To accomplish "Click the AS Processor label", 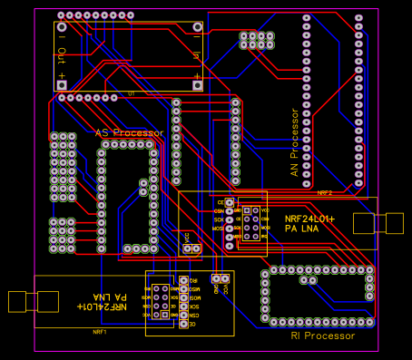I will (x=129, y=133).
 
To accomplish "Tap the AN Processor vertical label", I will (x=294, y=145).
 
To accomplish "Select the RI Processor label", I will (x=322, y=336).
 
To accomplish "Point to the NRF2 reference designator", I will (x=325, y=193).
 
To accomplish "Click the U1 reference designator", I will (x=132, y=93).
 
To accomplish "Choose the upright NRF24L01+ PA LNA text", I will (x=309, y=224).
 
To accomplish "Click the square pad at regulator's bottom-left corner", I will (x=62, y=84).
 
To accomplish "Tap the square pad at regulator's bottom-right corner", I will (x=197, y=84).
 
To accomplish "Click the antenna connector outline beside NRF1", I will (x=20, y=301).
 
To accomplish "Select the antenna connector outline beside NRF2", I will (x=391, y=223).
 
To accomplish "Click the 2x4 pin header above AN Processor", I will (x=257, y=40).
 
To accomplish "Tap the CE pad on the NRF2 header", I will (x=230, y=201).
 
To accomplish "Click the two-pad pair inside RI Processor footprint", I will (x=309, y=281).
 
